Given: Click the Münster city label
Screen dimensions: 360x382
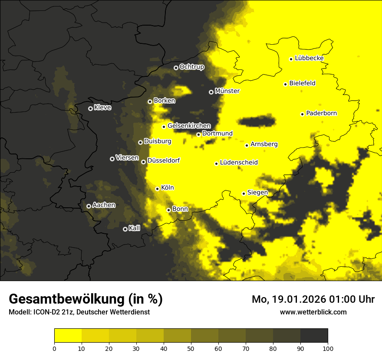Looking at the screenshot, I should tap(227, 91).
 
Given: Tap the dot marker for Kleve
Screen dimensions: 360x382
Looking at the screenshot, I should tap(90, 108).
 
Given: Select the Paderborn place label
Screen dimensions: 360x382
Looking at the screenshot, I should tap(321, 113).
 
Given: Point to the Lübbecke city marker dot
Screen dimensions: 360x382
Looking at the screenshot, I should tap(291, 59).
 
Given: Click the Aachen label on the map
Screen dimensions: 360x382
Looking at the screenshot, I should tap(104, 205).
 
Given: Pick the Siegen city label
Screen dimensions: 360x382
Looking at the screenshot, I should tap(257, 192).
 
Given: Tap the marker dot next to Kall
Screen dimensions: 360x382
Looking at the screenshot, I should tap(125, 229).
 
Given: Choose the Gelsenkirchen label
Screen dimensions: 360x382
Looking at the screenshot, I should tap(189, 126).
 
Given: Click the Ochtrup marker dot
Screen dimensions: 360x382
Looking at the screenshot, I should tap(176, 68).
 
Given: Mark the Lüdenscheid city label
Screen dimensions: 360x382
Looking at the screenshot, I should tap(239, 163).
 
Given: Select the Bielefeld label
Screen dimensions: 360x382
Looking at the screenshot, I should tap(302, 83).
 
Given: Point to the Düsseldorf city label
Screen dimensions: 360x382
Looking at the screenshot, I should tap(164, 160).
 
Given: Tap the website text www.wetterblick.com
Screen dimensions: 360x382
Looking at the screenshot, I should tap(313, 312).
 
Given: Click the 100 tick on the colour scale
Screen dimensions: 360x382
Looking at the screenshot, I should tap(328, 348).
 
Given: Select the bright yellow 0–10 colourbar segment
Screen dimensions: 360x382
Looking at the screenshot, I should tap(68, 336).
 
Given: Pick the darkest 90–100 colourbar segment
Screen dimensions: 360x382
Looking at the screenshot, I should tap(314, 336).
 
